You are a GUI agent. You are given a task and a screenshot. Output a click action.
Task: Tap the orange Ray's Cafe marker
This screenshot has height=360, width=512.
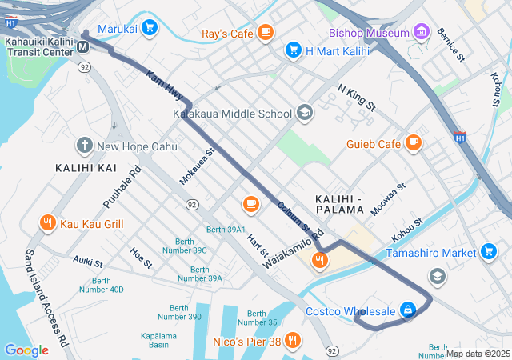coord(266,33)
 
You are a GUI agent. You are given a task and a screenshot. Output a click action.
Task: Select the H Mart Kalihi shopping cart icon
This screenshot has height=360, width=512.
coord(293,50)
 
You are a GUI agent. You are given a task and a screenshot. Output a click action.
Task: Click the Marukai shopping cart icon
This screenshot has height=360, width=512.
coord(150,28)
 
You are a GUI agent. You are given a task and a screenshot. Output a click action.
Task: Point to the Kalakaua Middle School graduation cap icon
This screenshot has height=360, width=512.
coord(304,113)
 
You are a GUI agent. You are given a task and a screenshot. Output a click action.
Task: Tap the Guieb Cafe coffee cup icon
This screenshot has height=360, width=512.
coord(413,143)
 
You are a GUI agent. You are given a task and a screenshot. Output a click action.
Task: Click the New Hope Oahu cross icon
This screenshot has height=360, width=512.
coord(85,146)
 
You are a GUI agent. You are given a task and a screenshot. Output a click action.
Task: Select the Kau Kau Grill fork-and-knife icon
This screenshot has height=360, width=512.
coord(48,223)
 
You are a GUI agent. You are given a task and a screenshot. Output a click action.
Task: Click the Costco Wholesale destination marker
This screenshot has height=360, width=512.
coord(408,310)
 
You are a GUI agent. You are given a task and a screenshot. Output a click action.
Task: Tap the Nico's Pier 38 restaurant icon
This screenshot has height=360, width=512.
coord(293,341)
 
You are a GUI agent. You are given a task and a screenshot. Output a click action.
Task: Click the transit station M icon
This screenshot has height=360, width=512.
coord(83,47)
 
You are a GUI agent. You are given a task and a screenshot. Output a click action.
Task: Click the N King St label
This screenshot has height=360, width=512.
coord(356,97)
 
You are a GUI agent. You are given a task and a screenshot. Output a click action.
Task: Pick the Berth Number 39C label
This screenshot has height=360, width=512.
coord(182,250)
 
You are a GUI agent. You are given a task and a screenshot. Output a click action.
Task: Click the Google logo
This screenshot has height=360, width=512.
coord(26,350)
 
